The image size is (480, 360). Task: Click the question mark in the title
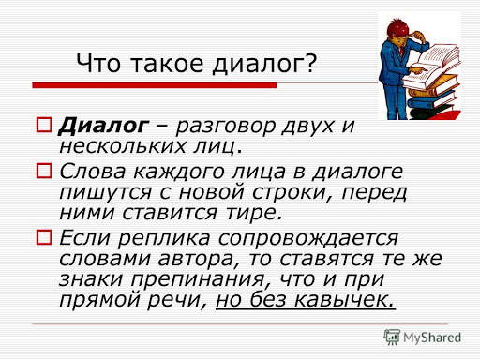pos(310,64)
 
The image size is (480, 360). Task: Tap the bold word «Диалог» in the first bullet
pos(103,127)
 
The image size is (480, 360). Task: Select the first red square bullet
pos(44,125)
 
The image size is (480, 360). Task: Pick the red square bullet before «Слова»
pos(44,171)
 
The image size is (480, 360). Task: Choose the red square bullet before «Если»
pos(44,237)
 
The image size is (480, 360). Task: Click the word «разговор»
pos(226,127)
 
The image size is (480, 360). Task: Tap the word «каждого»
pos(179,172)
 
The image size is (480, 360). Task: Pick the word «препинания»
pos(198,280)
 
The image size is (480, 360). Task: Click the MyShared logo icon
pos(392,337)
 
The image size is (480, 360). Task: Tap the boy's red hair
pos(397,27)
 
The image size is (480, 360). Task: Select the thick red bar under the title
pos(155,85)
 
